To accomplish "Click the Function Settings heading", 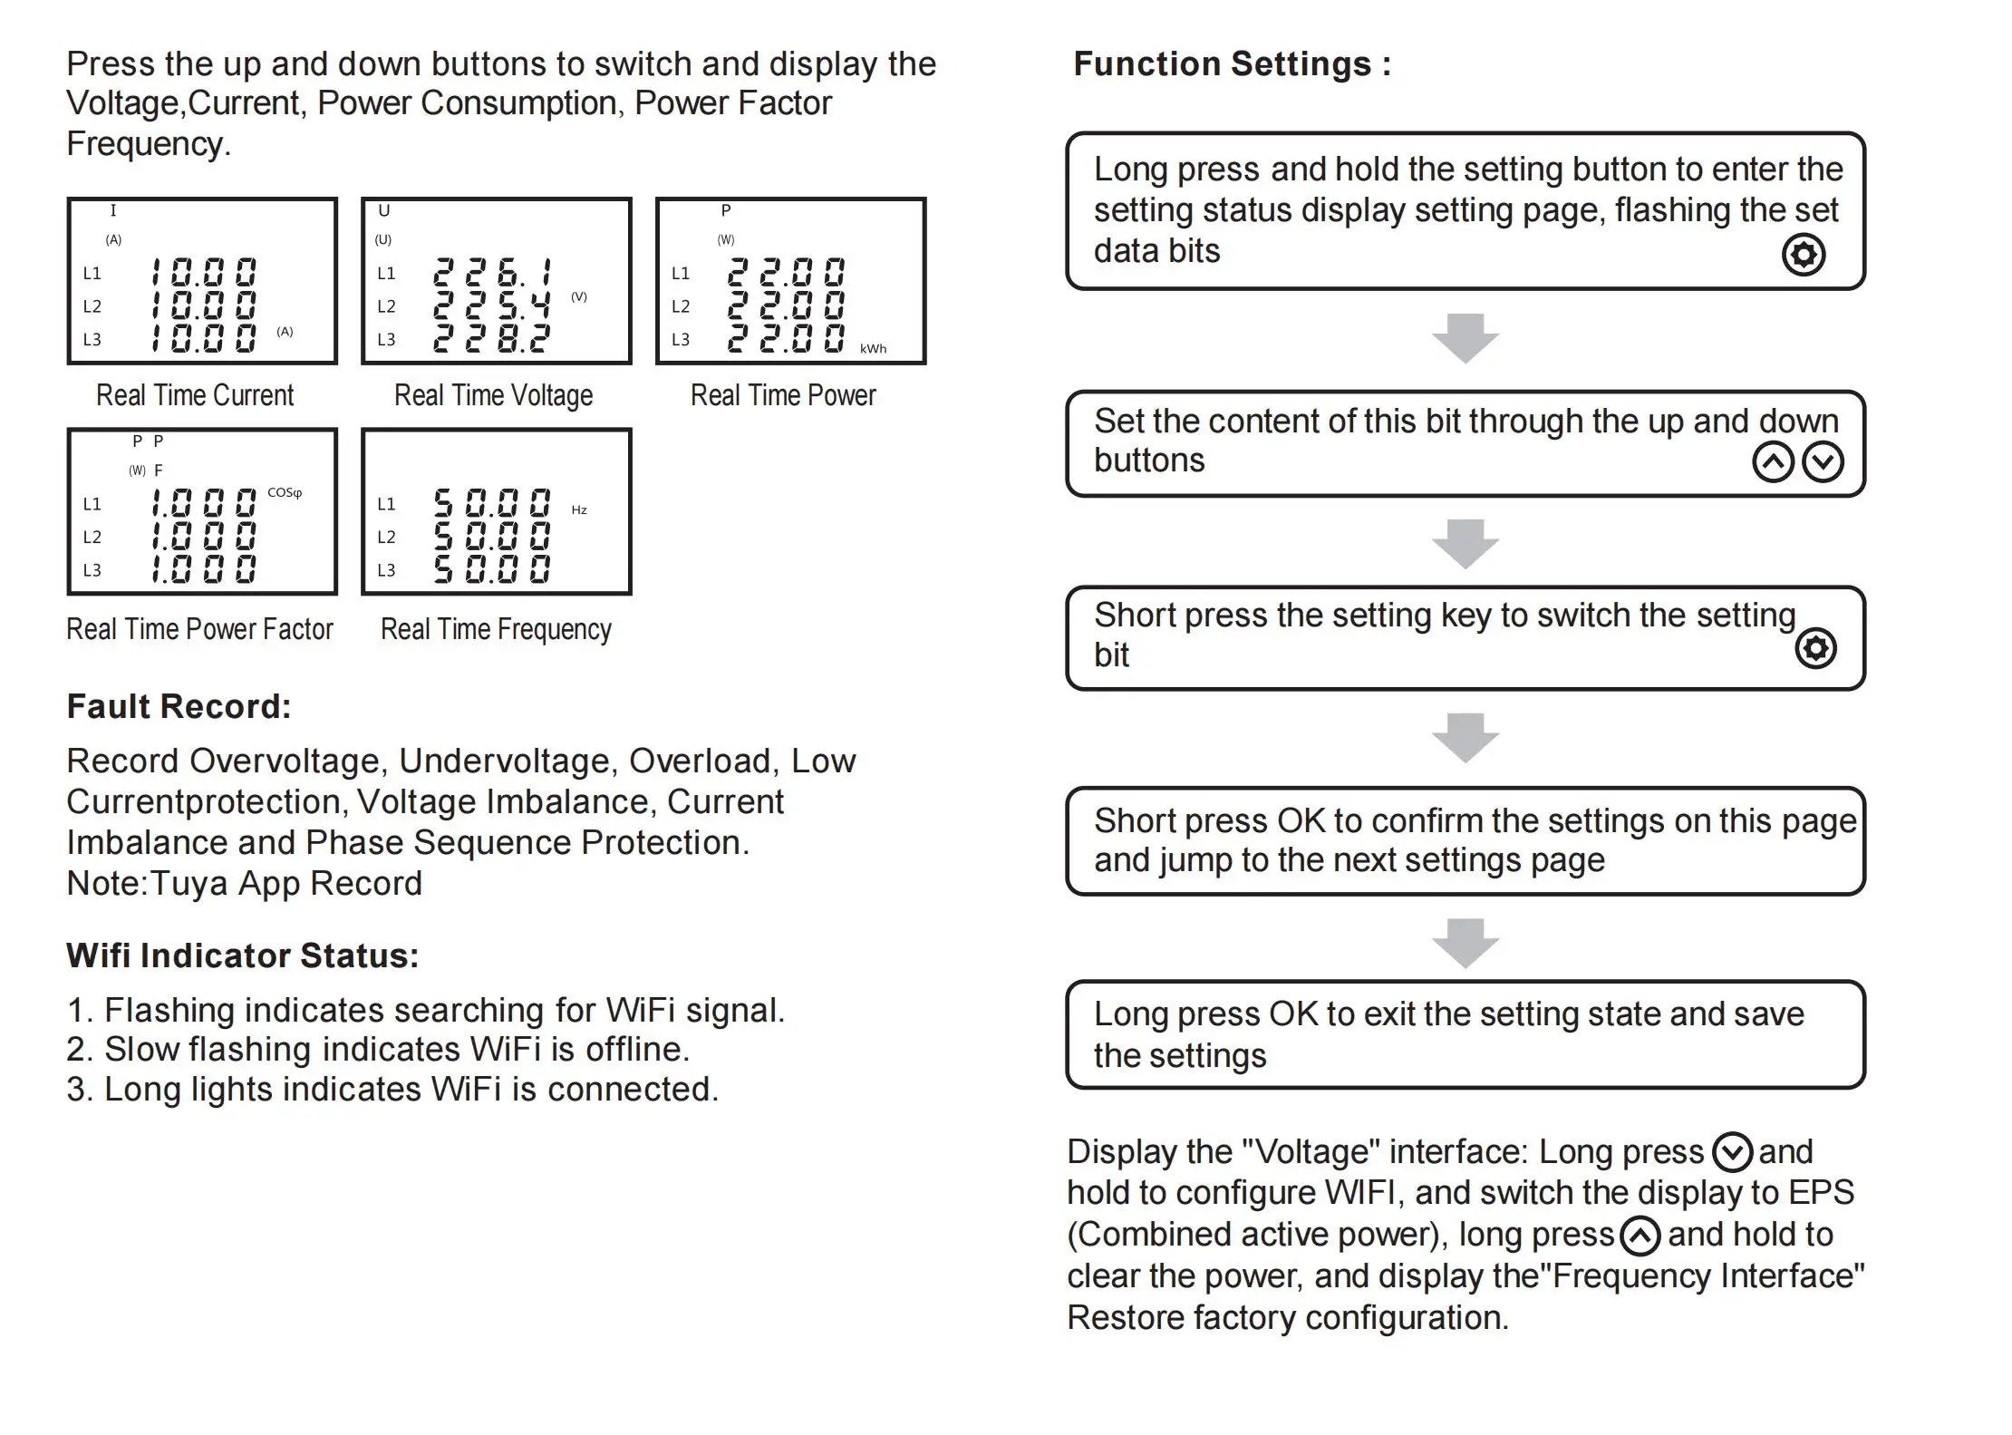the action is pyautogui.click(x=1232, y=64).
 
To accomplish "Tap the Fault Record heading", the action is pyautogui.click(x=179, y=707).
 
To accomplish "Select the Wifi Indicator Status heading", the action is pyautogui.click(x=242, y=956).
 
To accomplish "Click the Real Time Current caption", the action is pyautogui.click(x=195, y=396).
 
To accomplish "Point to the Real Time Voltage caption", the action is pyautogui.click(x=493, y=396).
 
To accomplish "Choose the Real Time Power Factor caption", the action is pyautogui.click(x=199, y=629).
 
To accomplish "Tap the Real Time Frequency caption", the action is pyautogui.click(x=496, y=629).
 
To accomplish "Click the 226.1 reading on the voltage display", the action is pyautogui.click(x=492, y=273).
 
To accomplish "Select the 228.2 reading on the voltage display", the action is pyautogui.click(x=492, y=338).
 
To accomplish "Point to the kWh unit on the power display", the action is pyautogui.click(x=874, y=349).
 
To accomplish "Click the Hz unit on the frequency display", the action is pyautogui.click(x=579, y=510).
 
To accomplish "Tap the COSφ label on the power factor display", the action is pyautogui.click(x=285, y=493).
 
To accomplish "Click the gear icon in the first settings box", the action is pyautogui.click(x=1804, y=255).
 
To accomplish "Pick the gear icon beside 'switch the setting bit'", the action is pyautogui.click(x=1816, y=648).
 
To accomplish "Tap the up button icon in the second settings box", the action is pyautogui.click(x=1774, y=462).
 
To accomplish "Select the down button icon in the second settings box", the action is pyautogui.click(x=1823, y=462).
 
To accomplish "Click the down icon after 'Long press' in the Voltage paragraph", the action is pyautogui.click(x=1733, y=1153).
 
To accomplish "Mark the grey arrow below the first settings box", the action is pyautogui.click(x=1465, y=339).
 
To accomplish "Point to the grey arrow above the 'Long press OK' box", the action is pyautogui.click(x=1465, y=944).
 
